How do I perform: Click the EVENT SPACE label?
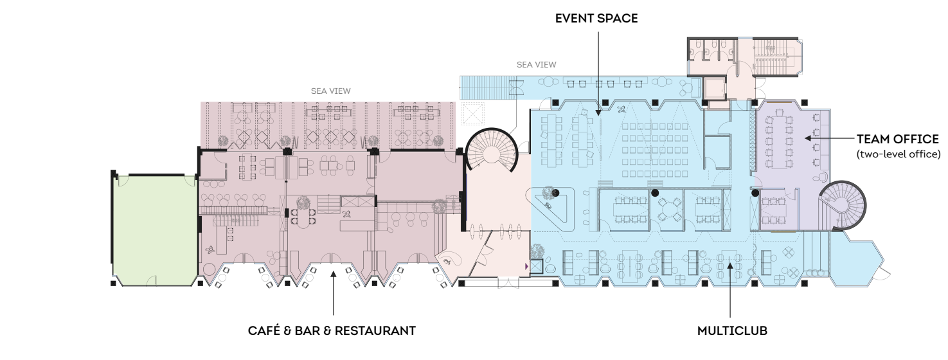(596, 18)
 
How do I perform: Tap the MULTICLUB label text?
(732, 331)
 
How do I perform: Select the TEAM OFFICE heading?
(898, 139)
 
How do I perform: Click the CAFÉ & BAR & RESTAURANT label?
(332, 331)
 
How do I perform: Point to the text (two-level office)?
(899, 154)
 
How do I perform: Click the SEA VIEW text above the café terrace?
(330, 91)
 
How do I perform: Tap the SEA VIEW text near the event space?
(536, 65)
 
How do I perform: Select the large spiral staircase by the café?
(491, 150)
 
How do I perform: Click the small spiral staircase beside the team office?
(842, 205)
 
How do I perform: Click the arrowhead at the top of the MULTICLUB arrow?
(729, 265)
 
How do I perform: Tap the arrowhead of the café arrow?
(334, 274)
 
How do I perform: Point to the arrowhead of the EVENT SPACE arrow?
(598, 113)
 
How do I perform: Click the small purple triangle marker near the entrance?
(526, 266)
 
